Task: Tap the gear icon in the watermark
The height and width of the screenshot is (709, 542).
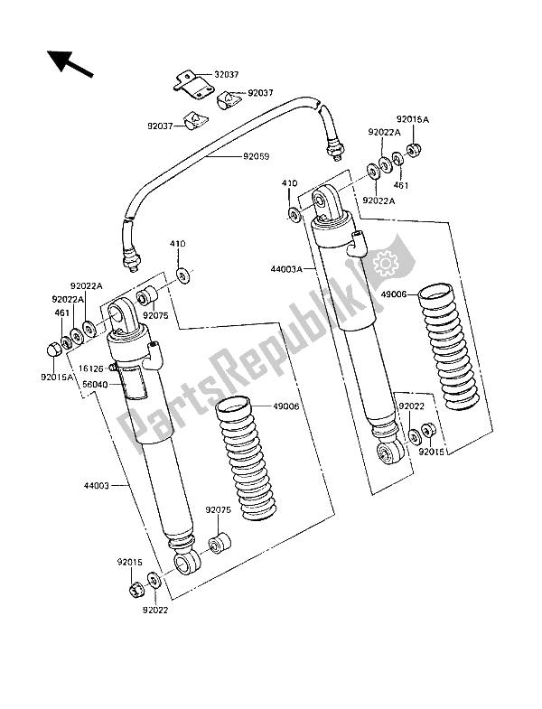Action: click(x=386, y=263)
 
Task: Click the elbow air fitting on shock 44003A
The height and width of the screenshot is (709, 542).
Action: click(x=360, y=241)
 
